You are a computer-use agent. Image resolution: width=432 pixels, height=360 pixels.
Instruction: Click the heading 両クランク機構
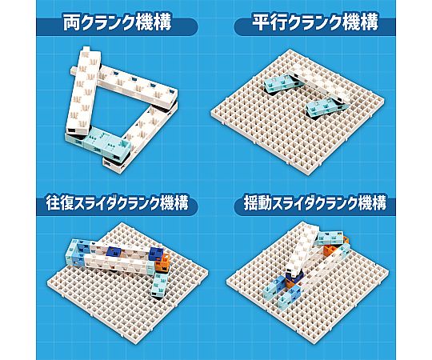[118, 22]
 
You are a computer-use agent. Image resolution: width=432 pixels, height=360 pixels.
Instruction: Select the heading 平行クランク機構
[315, 22]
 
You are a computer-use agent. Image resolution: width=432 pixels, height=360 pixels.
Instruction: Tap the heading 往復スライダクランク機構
[118, 203]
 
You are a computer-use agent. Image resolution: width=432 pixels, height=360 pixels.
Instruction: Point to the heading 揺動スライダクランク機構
[315, 203]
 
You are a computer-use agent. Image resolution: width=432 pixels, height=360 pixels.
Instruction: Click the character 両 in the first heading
[71, 22]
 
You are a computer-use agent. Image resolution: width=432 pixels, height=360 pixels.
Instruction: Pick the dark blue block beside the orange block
[156, 254]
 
